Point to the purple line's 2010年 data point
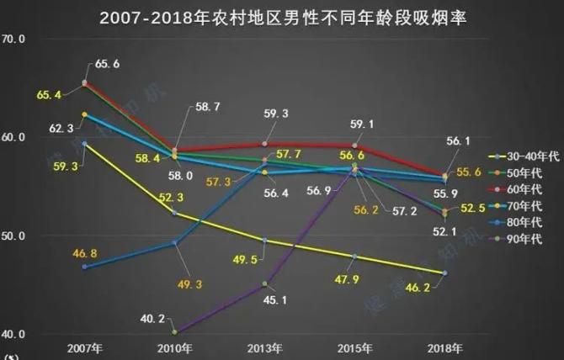point(174,332)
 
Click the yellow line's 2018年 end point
point(444,273)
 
